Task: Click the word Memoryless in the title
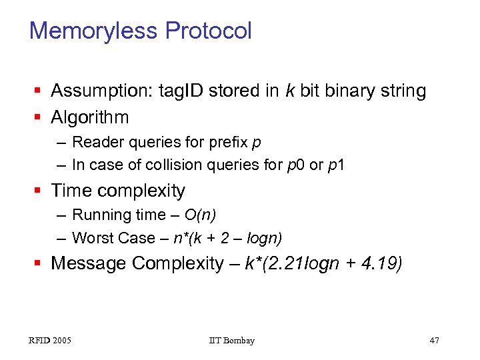94,31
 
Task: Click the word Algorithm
90,118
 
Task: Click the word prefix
229,142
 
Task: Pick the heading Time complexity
118,191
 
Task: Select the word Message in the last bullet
88,264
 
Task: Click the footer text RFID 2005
50,341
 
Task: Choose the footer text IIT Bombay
231,341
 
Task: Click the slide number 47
435,341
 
